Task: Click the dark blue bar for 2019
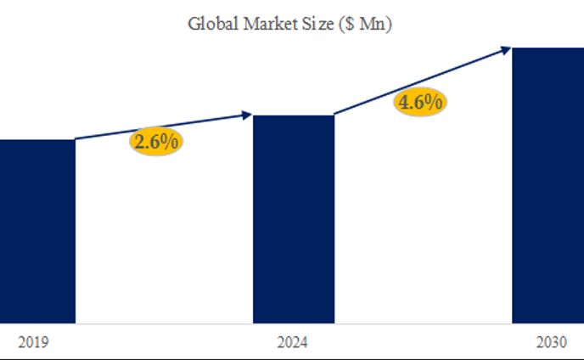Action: point(36,229)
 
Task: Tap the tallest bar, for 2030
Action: point(547,183)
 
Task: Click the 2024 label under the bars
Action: point(292,343)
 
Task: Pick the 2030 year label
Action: point(552,343)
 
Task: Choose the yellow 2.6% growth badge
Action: point(155,142)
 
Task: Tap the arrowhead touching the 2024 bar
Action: point(247,114)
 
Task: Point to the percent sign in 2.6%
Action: point(170,142)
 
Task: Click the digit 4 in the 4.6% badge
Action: point(404,103)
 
